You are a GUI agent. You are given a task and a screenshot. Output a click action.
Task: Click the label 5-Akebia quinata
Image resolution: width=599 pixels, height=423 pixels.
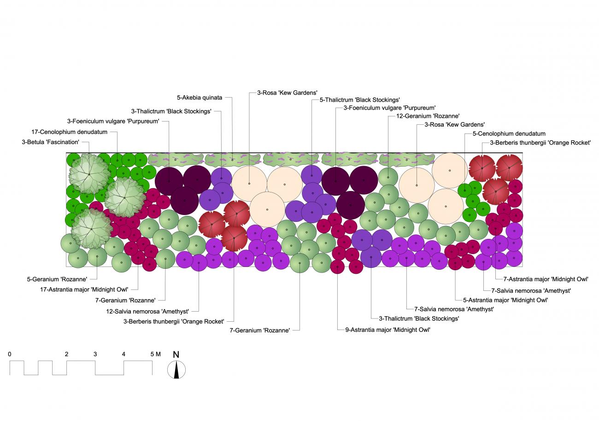[200, 98]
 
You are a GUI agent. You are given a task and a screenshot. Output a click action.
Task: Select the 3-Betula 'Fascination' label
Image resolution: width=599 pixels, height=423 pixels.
[51, 142]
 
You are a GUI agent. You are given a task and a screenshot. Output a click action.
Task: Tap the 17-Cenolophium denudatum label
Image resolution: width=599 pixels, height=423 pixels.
[69, 132]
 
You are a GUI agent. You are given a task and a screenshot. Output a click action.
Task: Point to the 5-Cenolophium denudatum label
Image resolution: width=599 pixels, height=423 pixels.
[509, 133]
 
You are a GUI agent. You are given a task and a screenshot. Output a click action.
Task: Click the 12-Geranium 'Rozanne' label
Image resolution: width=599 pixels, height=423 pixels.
[428, 116]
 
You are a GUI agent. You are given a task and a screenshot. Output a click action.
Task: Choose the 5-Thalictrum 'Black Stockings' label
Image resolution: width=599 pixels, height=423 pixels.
[360, 100]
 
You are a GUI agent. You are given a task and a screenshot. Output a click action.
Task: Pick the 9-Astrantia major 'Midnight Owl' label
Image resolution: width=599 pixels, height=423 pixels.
[388, 330]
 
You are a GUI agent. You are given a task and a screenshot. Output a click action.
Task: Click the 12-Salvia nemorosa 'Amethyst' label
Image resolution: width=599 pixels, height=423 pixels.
[147, 311]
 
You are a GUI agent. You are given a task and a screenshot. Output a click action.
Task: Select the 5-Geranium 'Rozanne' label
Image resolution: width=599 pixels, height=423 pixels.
[57, 279]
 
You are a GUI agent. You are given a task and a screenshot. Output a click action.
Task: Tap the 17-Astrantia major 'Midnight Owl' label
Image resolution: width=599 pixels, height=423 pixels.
[84, 290]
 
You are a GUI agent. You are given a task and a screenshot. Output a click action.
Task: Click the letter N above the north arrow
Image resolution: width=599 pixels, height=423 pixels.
[176, 354]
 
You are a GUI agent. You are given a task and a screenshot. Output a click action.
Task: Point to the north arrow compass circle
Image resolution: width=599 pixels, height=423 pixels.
[176, 370]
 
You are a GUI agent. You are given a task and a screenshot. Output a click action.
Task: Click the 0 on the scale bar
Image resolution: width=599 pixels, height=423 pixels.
[10, 354]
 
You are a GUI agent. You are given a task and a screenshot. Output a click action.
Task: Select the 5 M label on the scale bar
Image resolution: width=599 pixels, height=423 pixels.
[155, 354]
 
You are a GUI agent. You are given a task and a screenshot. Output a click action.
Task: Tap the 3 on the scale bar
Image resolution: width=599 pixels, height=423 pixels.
[95, 354]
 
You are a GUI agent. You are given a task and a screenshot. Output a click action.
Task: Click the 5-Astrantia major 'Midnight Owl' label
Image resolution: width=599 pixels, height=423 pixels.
[505, 300]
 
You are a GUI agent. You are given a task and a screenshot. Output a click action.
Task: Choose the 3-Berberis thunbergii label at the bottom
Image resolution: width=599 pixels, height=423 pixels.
[174, 322]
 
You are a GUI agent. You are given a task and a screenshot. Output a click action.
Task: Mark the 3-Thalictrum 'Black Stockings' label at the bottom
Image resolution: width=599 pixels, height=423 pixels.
[419, 319]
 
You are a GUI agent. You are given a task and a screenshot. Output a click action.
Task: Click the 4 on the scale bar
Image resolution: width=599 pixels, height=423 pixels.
[123, 354]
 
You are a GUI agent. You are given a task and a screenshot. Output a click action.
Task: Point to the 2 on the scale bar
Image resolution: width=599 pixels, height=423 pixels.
[67, 354]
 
